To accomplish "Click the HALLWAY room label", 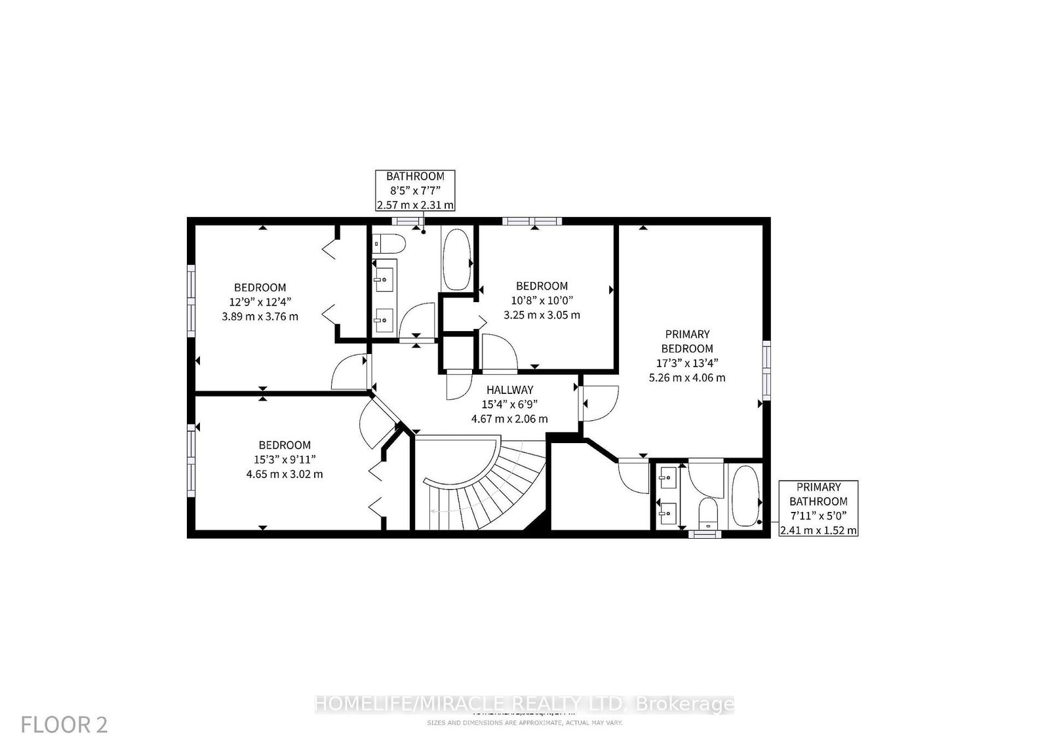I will tap(509, 390).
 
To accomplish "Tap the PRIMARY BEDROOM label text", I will tap(687, 342).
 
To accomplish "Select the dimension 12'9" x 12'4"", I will tap(260, 302).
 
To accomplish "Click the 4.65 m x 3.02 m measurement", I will tap(284, 474).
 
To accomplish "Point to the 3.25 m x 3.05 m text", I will tap(542, 315).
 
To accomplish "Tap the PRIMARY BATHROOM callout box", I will tap(818, 508).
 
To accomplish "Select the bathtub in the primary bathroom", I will tap(744, 496).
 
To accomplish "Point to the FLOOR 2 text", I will tap(64, 724).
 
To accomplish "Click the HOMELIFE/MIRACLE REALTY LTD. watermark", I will tap(524, 705).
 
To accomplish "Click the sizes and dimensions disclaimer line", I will tap(524, 722).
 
